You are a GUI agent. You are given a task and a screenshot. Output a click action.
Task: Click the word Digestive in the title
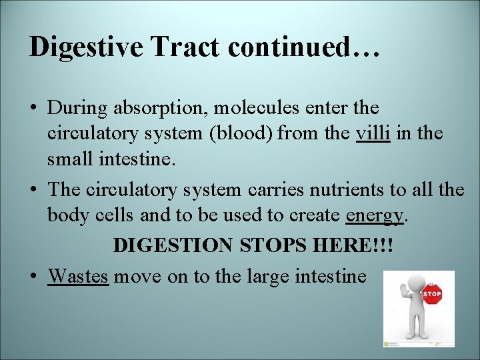[x=86, y=47]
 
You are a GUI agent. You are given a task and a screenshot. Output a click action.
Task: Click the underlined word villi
[x=373, y=133]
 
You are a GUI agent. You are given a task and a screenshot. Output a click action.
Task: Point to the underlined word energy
[x=375, y=216]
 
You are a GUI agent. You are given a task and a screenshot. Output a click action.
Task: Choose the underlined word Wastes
[x=78, y=275]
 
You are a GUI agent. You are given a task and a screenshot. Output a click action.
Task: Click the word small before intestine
[x=69, y=160]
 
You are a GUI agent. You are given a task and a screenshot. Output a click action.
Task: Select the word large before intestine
[x=259, y=275]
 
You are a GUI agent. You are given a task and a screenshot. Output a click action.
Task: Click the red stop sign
[x=431, y=294]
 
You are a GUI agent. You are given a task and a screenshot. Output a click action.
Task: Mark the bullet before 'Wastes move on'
[x=33, y=276]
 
